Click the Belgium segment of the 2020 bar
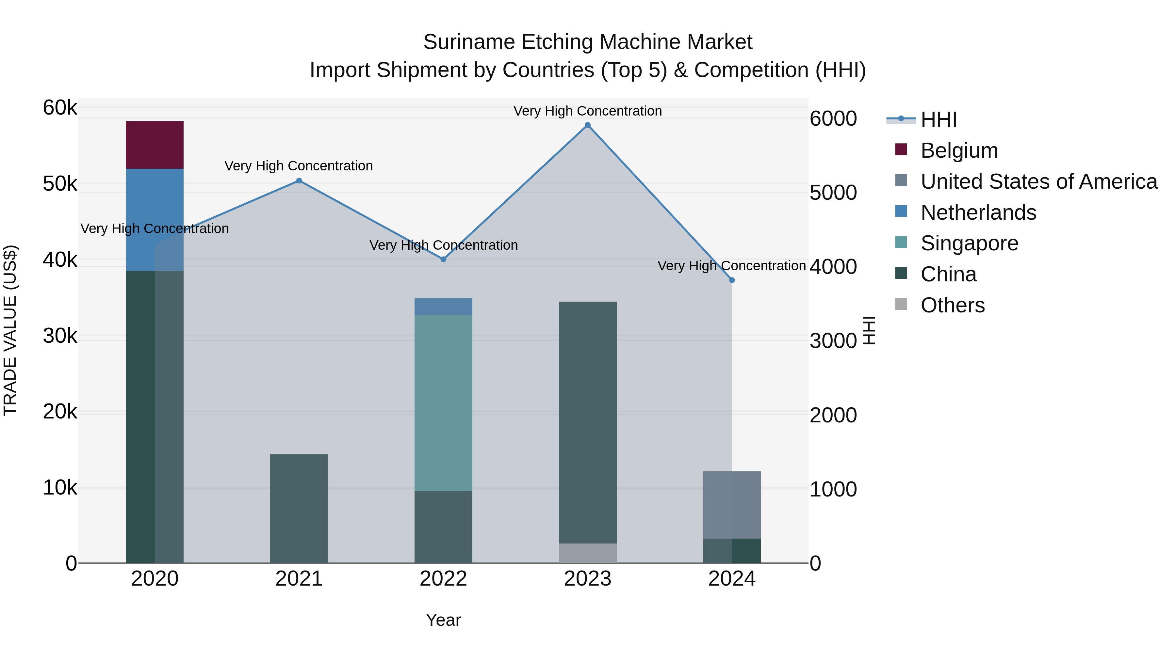point(155,145)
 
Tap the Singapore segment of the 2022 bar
point(443,403)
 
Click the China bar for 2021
point(299,509)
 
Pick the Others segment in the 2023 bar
point(588,553)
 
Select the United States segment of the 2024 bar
point(732,505)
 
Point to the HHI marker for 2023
point(588,125)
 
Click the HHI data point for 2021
point(299,181)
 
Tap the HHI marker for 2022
point(443,259)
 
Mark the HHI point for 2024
point(732,280)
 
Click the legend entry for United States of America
point(1038,181)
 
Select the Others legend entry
point(952,305)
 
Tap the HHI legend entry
point(938,119)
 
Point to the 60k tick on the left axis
point(60,108)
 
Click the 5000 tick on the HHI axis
point(833,193)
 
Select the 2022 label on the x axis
point(443,579)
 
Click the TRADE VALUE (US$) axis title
point(10,331)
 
